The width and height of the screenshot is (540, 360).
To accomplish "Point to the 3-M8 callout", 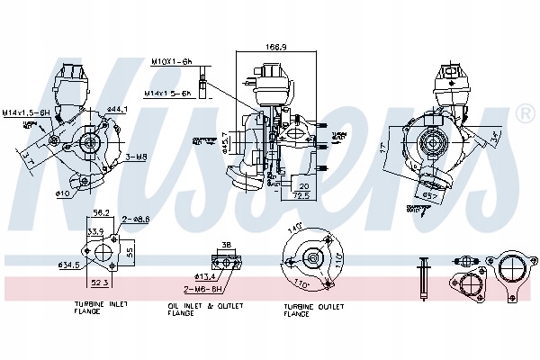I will click(136, 157).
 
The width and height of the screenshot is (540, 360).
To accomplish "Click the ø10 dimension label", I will click(62, 193).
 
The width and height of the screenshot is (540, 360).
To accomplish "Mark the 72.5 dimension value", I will click(301, 193).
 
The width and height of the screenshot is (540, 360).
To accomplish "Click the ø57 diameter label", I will click(431, 196).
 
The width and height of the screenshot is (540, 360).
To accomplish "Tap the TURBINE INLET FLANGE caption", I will click(101, 310).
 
